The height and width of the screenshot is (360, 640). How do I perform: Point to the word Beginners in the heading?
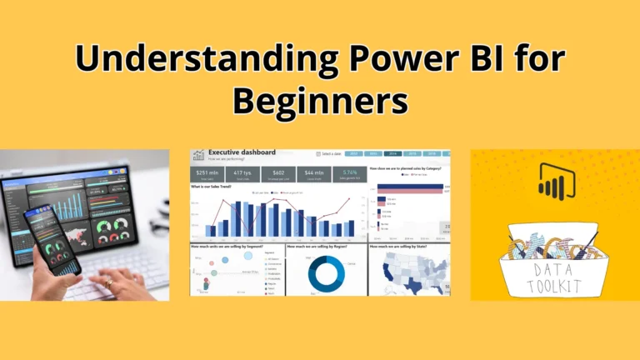(320, 102)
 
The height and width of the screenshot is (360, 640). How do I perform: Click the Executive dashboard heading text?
(242, 153)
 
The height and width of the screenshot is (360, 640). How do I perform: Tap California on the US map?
(384, 269)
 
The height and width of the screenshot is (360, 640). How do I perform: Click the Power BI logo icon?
(551, 182)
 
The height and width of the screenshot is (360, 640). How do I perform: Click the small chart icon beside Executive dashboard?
(198, 155)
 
